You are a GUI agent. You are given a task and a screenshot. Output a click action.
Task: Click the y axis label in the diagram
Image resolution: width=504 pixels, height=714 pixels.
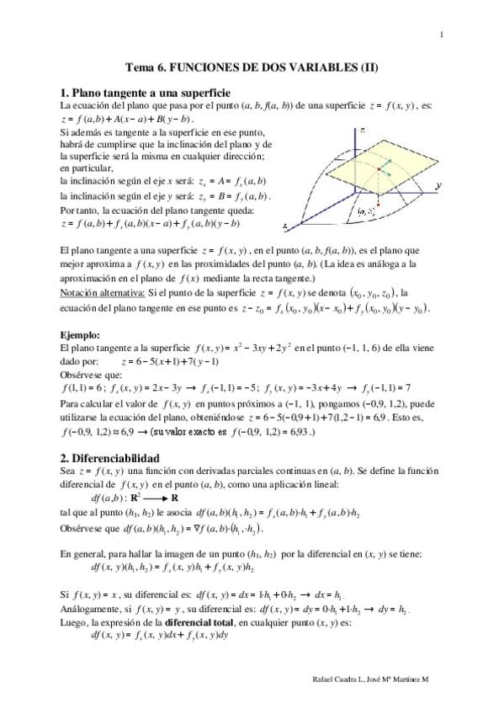point(439,183)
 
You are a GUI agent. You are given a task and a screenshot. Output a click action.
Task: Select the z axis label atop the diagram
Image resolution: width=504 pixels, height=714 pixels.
point(362,131)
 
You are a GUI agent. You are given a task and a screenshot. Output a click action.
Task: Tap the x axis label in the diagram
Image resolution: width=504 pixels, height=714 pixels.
point(286,226)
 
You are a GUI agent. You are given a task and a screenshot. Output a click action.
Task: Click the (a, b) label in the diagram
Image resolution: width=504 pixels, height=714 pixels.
point(366,211)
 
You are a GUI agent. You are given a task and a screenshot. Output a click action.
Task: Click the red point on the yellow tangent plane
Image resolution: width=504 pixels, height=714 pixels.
point(378,168)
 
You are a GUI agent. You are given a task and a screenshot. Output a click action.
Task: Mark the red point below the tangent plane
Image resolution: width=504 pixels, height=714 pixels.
point(379,204)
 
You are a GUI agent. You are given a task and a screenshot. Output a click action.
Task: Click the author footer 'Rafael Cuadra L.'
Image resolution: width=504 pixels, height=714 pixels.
point(337,678)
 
